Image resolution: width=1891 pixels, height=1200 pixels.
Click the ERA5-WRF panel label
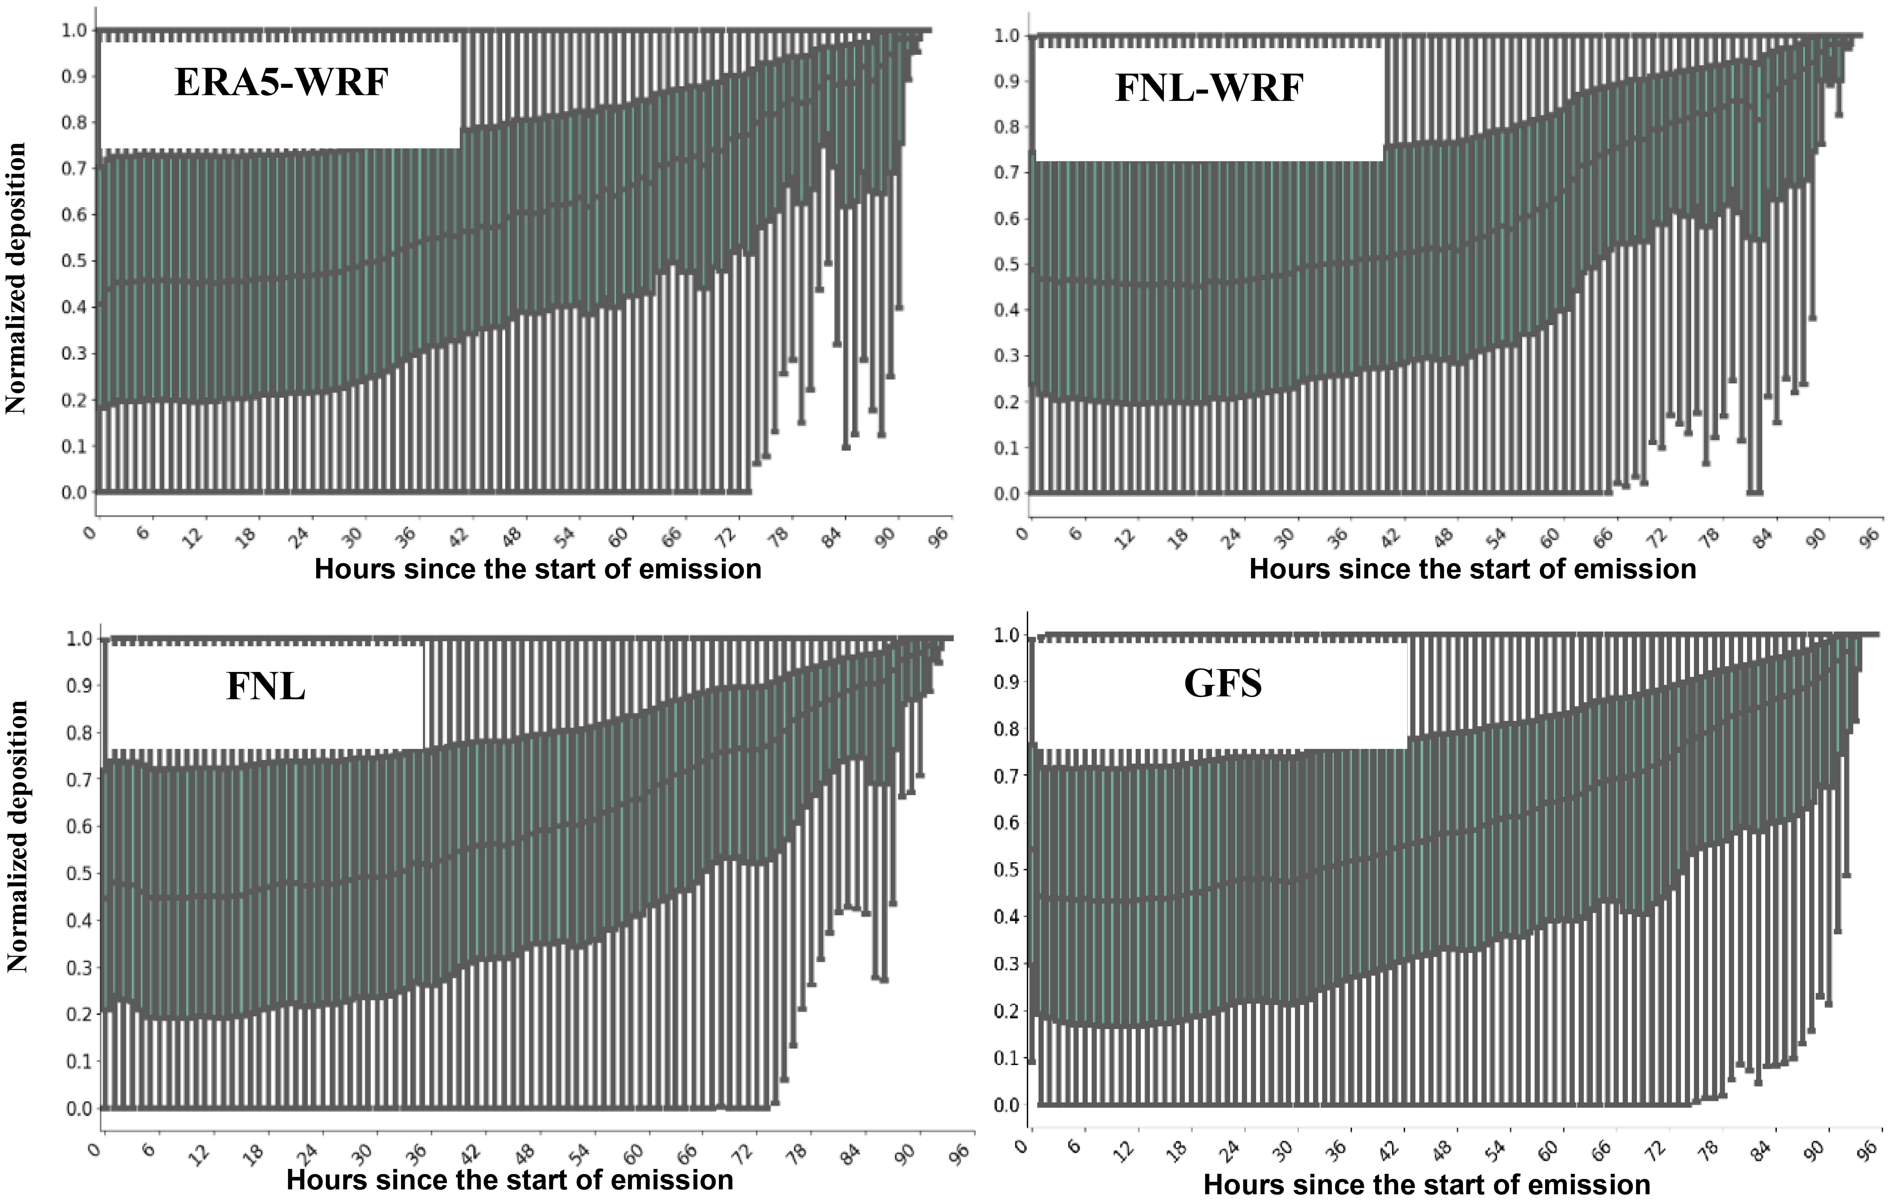281,82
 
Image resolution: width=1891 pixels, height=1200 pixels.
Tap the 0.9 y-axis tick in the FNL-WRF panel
1007,82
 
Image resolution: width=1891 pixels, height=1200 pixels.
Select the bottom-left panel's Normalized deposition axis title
17,836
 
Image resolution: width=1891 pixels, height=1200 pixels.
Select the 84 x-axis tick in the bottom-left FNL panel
851,1155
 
